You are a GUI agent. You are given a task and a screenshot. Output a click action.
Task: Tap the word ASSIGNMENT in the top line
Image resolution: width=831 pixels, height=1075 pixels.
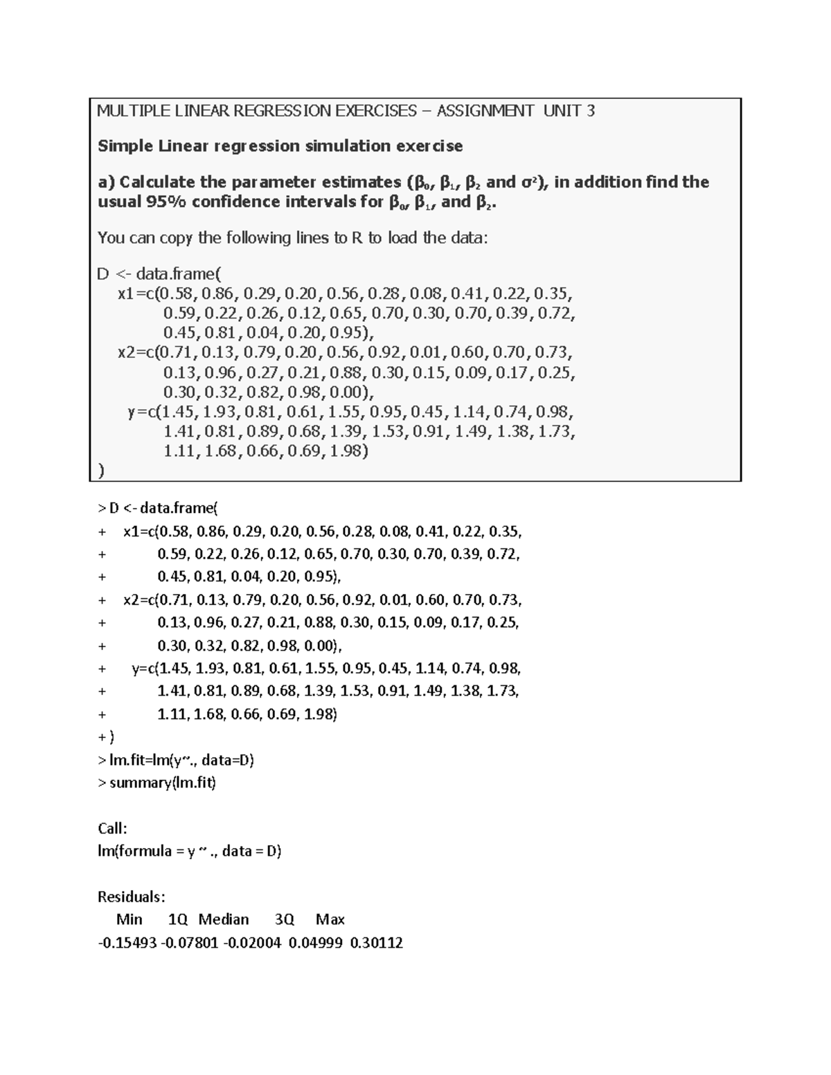pos(485,111)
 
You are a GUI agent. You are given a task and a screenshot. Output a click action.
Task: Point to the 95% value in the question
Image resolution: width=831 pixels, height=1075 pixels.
pos(166,202)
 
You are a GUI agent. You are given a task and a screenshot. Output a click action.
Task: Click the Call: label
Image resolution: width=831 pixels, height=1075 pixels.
pos(112,829)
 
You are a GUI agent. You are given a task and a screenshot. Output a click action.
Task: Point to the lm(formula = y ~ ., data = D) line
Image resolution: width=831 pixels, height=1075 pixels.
pos(189,851)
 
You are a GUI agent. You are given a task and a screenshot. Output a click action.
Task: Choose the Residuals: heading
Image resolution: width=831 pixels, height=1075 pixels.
pos(132,897)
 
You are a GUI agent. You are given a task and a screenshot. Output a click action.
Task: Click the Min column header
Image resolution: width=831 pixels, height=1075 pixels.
pos(129,920)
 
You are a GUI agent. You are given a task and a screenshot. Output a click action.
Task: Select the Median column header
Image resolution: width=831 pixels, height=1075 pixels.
pos(223,920)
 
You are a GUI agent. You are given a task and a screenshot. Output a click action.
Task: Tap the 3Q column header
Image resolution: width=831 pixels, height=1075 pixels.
pos(284,920)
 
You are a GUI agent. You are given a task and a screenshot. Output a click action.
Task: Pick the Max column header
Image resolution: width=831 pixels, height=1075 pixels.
pos(330,920)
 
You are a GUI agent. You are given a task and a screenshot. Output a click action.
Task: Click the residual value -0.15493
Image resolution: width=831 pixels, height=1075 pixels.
pos(127,943)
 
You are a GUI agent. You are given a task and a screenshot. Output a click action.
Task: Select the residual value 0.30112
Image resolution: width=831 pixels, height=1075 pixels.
pos(376,943)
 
